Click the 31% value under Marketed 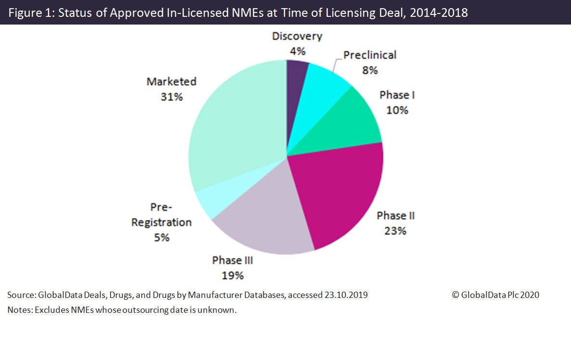coord(171,97)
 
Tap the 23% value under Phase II coord(395,231)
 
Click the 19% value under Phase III coord(233,276)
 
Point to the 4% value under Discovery coord(297,51)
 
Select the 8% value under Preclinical coord(370,70)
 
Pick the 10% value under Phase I coord(397,110)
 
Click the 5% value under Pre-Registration coord(161,237)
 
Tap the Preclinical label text coord(370,55)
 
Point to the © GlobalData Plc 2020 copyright coord(495,295)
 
